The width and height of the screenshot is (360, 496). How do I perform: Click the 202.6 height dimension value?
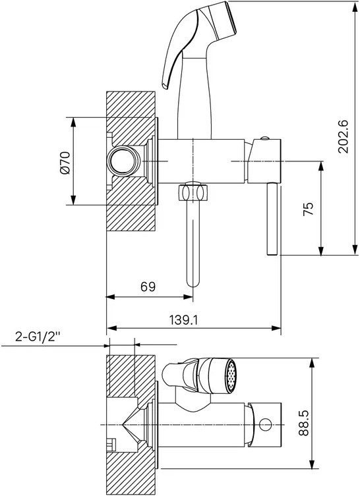(x=343, y=137)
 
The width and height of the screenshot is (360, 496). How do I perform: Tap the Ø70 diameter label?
(x=65, y=163)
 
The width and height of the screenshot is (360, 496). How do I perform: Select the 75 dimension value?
(x=308, y=209)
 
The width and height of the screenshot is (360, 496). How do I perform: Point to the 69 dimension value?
(x=148, y=287)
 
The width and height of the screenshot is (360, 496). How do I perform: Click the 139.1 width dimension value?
(x=183, y=320)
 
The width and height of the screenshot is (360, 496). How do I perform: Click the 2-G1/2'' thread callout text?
(x=38, y=337)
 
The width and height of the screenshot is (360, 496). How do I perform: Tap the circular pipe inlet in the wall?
(x=123, y=161)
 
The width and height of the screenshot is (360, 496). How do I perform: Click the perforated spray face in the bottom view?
(x=231, y=376)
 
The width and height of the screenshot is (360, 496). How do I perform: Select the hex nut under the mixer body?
(x=193, y=192)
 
